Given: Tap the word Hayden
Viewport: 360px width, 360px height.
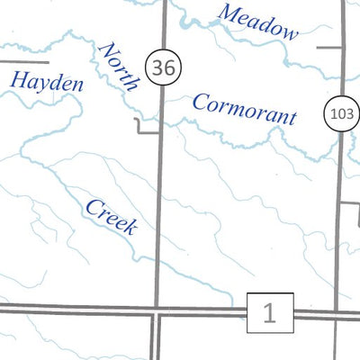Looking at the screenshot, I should [46, 82].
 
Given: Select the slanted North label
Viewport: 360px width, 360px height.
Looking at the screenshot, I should [121, 66].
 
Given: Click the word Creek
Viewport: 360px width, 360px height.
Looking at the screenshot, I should [111, 217].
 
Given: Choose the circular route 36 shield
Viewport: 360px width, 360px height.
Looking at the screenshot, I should [163, 67].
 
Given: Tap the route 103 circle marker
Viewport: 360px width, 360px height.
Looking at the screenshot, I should [340, 113].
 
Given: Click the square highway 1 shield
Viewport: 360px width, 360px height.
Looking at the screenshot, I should [269, 313].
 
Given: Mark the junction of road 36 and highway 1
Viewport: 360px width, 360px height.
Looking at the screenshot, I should [157, 312].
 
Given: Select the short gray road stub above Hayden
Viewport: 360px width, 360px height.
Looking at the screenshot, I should [22, 61].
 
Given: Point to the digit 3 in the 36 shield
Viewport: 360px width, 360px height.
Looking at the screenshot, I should [158, 67].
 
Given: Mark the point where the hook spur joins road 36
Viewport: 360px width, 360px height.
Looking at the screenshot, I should [160, 132].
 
